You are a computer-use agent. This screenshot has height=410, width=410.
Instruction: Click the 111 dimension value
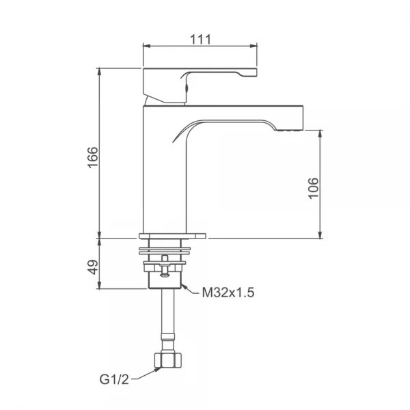point(200,40)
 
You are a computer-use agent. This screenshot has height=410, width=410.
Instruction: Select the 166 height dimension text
point(93,157)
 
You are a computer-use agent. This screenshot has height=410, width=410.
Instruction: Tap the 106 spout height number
point(313,189)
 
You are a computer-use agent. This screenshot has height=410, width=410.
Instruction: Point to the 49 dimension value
point(93,267)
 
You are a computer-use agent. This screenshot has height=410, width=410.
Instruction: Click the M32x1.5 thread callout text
point(228,292)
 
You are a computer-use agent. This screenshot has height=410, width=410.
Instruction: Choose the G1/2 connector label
point(114,379)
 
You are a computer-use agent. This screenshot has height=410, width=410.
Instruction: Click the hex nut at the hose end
point(168,360)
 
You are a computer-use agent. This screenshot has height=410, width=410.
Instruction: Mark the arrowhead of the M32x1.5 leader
point(184,287)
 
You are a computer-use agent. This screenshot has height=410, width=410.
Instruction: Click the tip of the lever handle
point(256,72)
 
